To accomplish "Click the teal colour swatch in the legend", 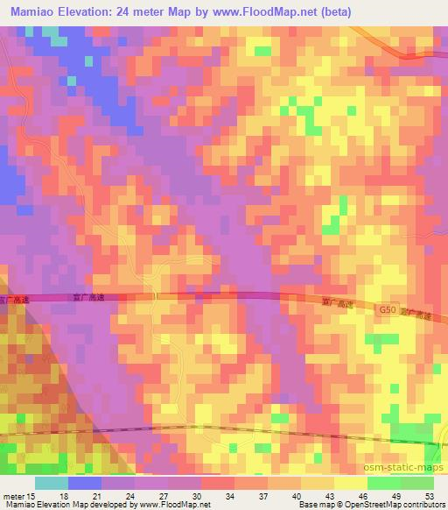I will pos(51,483).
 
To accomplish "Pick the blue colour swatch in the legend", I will pos(84,483).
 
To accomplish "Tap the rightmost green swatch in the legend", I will pos(417,483).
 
